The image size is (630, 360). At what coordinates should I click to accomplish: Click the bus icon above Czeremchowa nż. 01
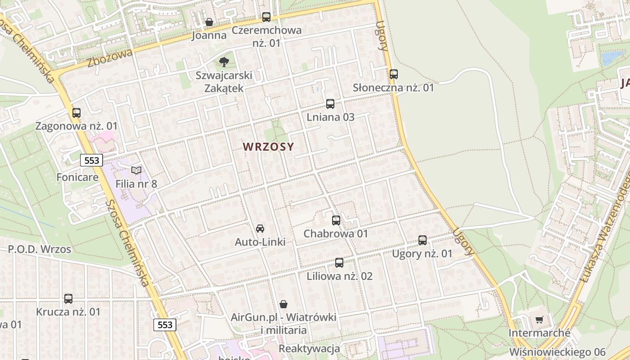point(266,17)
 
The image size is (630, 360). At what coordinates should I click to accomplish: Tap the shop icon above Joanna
point(209,22)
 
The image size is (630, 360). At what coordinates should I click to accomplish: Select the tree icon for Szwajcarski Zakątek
point(224,62)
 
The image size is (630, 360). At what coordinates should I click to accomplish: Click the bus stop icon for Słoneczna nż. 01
point(394,74)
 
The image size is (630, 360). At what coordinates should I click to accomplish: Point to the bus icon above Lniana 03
point(330,104)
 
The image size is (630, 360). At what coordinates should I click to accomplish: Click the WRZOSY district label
point(268,147)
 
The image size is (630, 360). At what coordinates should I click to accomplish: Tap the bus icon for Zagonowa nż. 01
point(76,113)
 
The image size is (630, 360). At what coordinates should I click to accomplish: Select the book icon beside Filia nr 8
point(136,170)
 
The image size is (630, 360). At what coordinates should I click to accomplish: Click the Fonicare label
point(77,177)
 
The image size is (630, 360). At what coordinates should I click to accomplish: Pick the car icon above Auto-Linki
point(260,229)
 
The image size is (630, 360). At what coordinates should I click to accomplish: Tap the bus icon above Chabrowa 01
point(336,220)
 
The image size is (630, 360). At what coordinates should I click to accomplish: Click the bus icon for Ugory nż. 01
point(423,240)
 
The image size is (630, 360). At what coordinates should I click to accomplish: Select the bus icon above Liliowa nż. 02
point(339,263)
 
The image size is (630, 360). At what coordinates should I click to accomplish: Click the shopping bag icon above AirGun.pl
point(283,304)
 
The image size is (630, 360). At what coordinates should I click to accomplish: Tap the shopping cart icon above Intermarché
point(540,319)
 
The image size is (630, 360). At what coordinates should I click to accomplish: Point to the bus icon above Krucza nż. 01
point(68,298)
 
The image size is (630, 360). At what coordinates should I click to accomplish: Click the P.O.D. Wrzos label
point(40,249)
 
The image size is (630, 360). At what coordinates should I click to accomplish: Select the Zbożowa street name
point(110,58)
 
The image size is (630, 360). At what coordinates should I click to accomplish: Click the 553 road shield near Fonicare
point(92,160)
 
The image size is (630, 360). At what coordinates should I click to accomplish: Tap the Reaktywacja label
point(309,349)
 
